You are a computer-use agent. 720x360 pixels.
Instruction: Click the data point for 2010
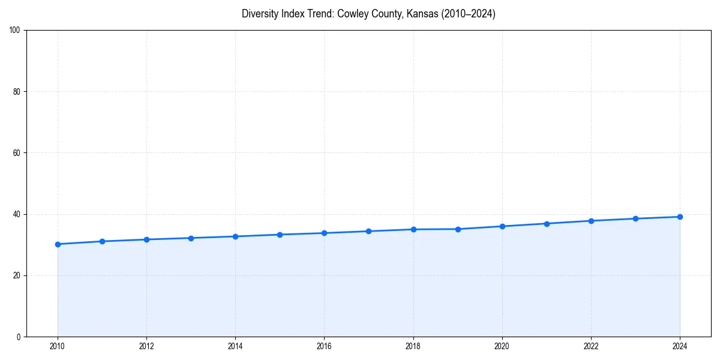click(58, 244)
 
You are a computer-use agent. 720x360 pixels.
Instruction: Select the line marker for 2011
click(102, 241)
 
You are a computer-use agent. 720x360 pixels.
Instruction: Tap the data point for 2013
click(191, 238)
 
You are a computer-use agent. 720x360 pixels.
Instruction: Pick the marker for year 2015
click(280, 235)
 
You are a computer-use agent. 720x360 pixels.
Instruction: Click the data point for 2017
click(368, 231)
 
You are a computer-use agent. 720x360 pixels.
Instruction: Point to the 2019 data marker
click(458, 229)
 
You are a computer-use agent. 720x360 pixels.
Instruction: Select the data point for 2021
click(547, 224)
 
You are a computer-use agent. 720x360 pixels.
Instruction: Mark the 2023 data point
click(635, 218)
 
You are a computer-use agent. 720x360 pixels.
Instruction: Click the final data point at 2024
click(680, 217)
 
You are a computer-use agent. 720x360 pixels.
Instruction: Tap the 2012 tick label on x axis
click(146, 346)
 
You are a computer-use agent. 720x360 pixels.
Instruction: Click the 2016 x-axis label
click(324, 346)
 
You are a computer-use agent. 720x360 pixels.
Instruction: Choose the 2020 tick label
click(502, 346)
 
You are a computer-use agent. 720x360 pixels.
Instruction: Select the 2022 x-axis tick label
click(591, 346)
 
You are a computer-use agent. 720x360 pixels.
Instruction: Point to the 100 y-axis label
click(15, 30)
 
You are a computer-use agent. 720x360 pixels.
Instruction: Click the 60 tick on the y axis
click(17, 153)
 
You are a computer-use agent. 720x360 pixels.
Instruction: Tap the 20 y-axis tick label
click(17, 275)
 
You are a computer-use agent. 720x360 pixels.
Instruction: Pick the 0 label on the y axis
click(19, 337)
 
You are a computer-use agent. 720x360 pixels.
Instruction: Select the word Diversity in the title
click(259, 14)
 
